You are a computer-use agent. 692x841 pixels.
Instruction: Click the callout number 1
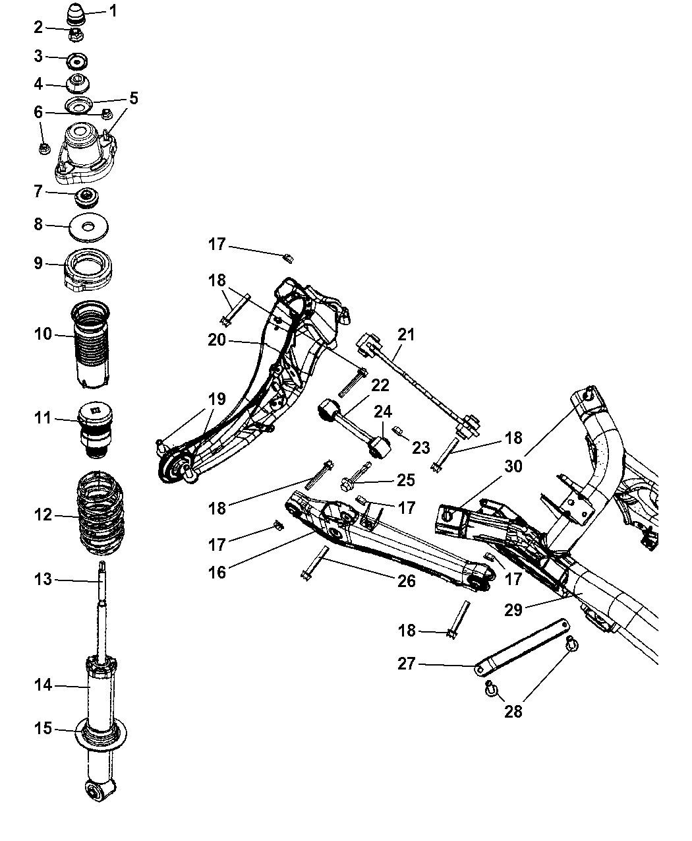coord(113,11)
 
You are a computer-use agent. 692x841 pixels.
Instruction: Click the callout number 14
coord(43,686)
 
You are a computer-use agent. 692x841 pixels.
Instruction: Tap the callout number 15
coord(43,729)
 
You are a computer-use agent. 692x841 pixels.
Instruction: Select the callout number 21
coord(407,334)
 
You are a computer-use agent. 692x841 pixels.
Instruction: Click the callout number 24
coord(383,412)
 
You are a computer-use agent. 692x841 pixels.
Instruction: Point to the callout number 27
coord(406,664)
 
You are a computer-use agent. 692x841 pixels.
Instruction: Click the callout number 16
coord(217,572)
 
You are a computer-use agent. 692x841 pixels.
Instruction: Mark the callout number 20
coord(217,340)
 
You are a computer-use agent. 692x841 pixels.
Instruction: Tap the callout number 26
coord(407,580)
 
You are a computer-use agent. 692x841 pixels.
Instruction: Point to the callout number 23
coord(420,447)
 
